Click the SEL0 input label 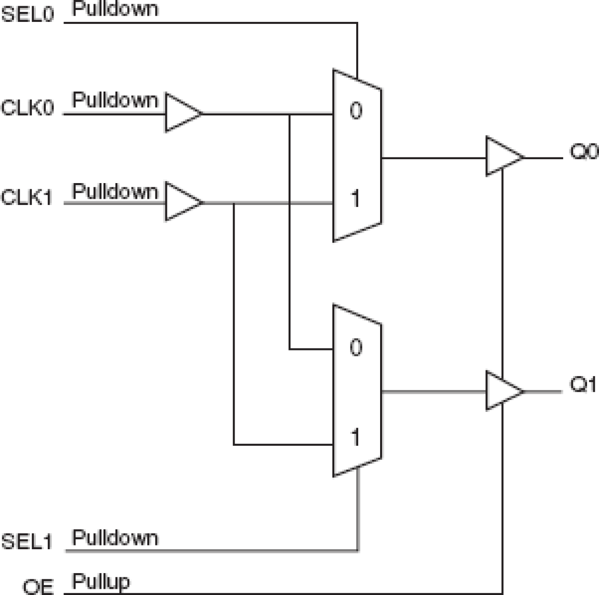pyautogui.click(x=28, y=14)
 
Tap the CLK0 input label pyautogui.click(x=28, y=108)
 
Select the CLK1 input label pyautogui.click(x=27, y=197)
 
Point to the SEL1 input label pyautogui.click(x=27, y=542)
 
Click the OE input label pyautogui.click(x=38, y=586)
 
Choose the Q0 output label pyautogui.click(x=584, y=153)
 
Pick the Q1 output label pyautogui.click(x=583, y=384)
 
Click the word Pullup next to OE pyautogui.click(x=101, y=582)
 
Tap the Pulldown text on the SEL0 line pyautogui.click(x=115, y=9)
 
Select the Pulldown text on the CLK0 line pyautogui.click(x=115, y=100)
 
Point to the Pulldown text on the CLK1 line pyautogui.click(x=115, y=192)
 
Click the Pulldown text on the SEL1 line pyautogui.click(x=115, y=538)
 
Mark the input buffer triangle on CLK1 pyautogui.click(x=181, y=202)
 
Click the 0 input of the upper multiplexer pyautogui.click(x=356, y=111)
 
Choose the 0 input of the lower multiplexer pyautogui.click(x=356, y=347)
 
